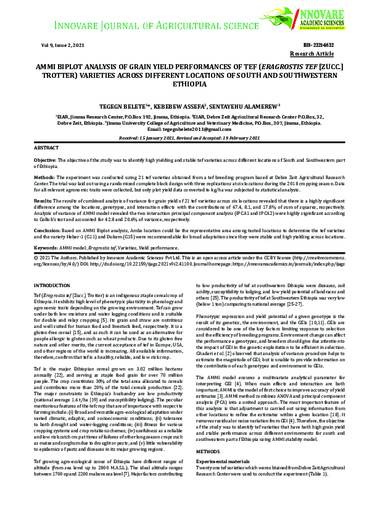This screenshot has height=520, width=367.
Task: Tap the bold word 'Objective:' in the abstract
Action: (x=46, y=161)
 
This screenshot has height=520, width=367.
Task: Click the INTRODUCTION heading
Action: (x=52, y=286)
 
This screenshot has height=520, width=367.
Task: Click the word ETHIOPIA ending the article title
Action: (x=183, y=83)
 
